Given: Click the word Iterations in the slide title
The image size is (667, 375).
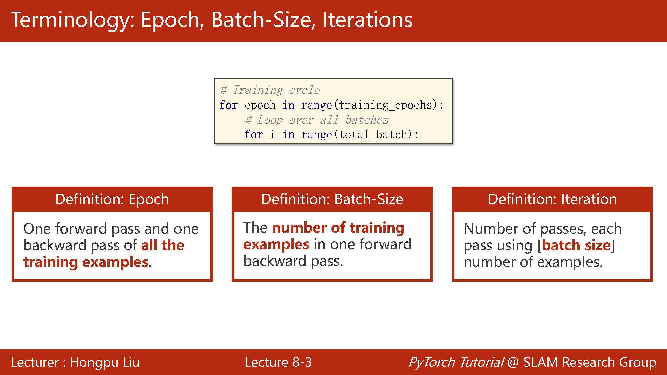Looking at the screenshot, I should tap(367, 20).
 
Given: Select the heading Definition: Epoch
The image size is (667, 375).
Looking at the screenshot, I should tap(112, 199).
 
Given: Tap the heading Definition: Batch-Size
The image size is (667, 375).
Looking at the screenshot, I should tap(332, 199).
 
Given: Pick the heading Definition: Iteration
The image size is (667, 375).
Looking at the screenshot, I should tap(552, 199).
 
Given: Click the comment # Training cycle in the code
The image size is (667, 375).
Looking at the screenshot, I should tap(270, 90).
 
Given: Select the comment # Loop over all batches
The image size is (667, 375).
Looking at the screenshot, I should tap(317, 120).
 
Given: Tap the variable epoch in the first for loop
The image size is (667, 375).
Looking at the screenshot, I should tap(260, 105).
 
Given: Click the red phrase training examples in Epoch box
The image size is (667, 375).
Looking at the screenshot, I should tap(86, 262).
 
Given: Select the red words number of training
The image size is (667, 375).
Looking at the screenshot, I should tap(338, 228).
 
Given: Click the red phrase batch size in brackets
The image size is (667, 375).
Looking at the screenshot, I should tap(576, 245).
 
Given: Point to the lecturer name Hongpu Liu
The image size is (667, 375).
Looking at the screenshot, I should tap(104, 362).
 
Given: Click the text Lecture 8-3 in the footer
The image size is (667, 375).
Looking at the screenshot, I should tap(278, 362).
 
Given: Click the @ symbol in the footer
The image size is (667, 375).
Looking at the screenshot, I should tap(513, 362).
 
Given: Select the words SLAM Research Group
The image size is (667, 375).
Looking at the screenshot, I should tap(590, 362).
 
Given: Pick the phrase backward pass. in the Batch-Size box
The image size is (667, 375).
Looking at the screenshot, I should tap(293, 261).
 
